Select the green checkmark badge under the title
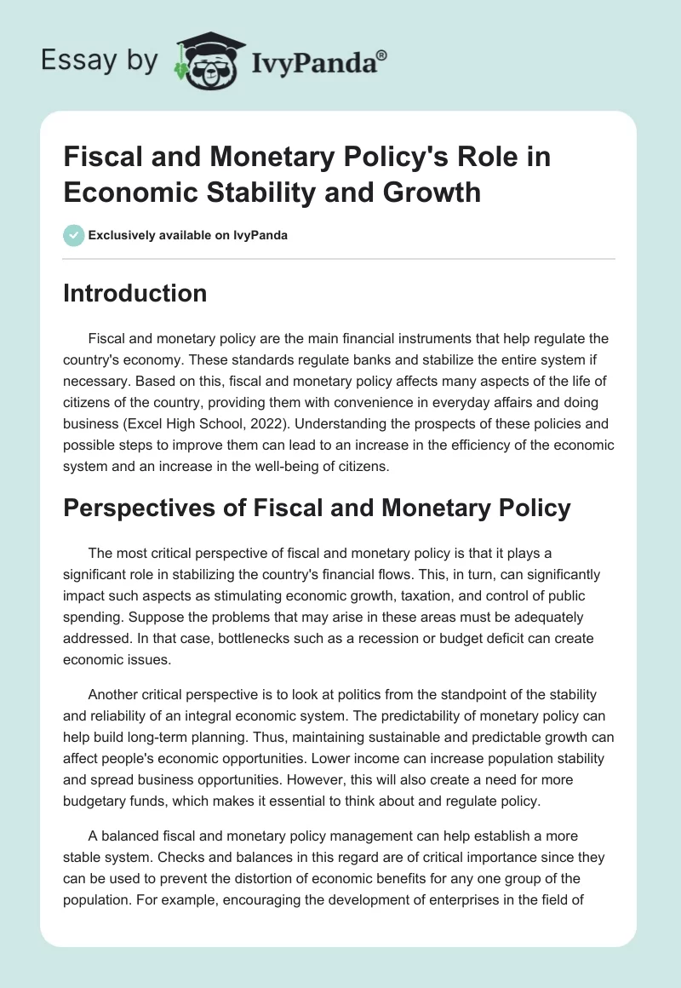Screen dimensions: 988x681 click(73, 235)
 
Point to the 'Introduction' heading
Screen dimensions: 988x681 click(135, 293)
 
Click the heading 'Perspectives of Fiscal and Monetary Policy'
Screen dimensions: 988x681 click(316, 508)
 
